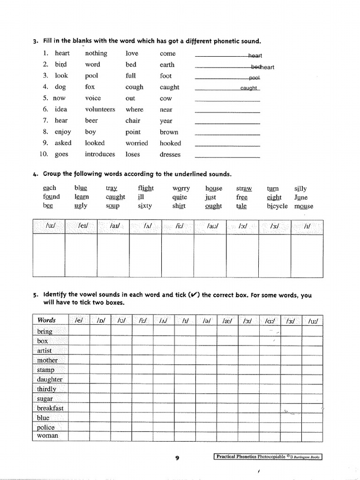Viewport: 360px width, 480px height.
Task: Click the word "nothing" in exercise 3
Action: click(96, 53)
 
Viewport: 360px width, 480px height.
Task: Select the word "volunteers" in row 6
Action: click(100, 109)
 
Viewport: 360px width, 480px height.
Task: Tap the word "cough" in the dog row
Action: click(135, 87)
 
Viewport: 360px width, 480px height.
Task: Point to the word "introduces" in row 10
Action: click(100, 154)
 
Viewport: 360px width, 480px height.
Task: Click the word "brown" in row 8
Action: click(169, 132)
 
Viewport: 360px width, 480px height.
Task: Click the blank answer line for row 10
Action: click(227, 156)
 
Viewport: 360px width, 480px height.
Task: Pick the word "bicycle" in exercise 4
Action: click(277, 206)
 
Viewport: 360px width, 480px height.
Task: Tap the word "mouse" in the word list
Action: click(304, 206)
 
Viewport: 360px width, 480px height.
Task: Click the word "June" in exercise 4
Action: click(301, 197)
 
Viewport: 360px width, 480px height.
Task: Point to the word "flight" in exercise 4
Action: click(146, 188)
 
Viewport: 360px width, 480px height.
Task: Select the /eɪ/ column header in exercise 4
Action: click(81, 226)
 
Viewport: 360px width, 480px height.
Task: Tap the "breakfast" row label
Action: click(50, 408)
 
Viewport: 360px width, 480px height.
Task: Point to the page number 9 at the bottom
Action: click(178, 458)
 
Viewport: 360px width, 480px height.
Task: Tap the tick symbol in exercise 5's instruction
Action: click(193, 295)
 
